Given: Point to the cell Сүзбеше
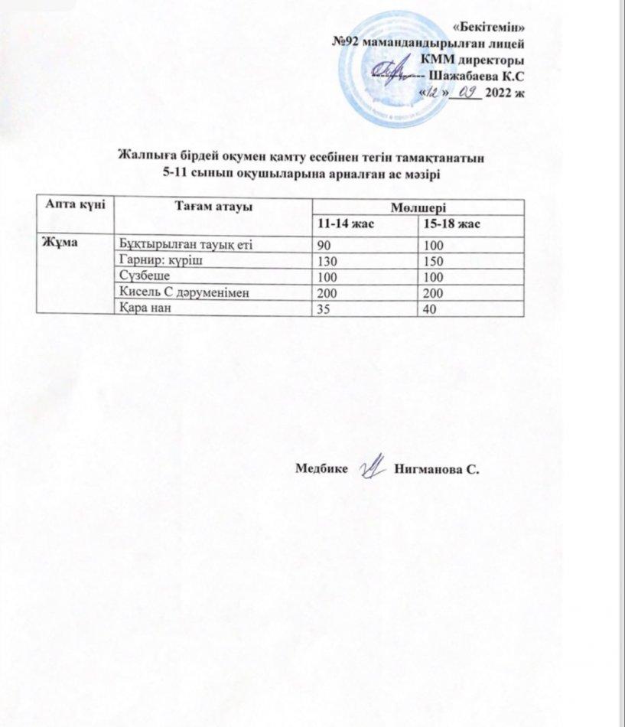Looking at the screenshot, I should point(145,275).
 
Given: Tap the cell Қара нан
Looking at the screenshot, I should point(144,308).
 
